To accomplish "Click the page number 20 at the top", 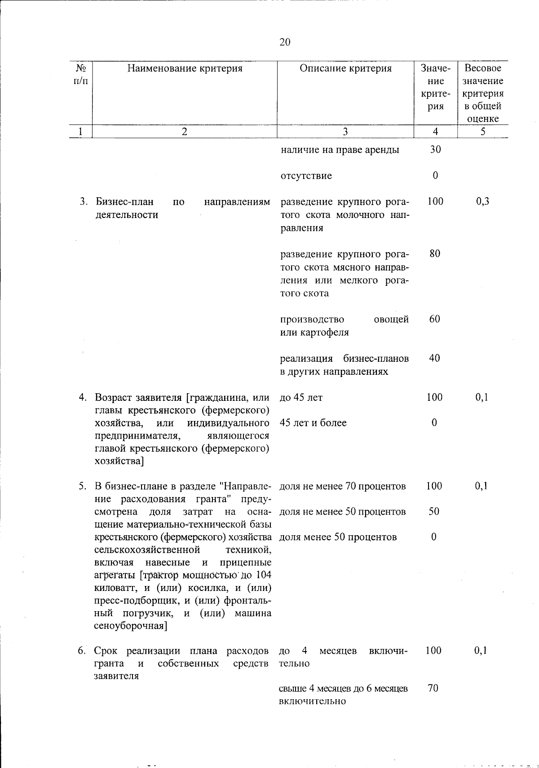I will coord(285,42).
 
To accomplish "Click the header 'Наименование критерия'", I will coord(185,68).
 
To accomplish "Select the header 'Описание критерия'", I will coord(345,68).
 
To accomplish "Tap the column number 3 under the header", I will coord(345,131).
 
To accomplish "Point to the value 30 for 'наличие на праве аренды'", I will coord(435,150).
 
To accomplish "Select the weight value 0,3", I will coord(482,201).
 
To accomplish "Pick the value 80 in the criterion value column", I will coord(435,253).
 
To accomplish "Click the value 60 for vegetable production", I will coord(435,319).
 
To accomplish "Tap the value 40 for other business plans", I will coord(435,358).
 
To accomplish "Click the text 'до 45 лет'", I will coord(301,398).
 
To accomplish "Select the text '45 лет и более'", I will coord(313,423).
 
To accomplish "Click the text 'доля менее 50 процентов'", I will coord(338,537).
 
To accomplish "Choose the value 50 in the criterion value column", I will coord(434,511).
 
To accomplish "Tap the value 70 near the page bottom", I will coord(433,688).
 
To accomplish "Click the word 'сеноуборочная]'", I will coord(131,626).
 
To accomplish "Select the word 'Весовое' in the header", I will coord(483,68).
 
